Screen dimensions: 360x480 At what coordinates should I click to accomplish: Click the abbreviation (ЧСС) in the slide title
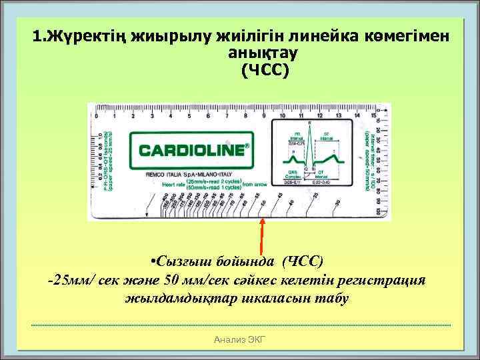(266, 69)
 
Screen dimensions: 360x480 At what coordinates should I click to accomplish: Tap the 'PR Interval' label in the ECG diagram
(291, 136)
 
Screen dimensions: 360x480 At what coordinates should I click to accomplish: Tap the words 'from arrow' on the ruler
(255, 184)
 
